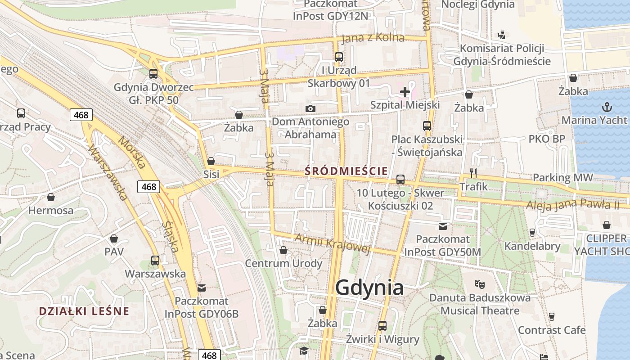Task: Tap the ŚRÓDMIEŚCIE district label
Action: (x=346, y=171)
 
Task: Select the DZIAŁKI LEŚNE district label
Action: (x=84, y=311)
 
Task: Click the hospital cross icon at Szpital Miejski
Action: (x=405, y=92)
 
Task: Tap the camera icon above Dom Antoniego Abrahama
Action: (x=310, y=108)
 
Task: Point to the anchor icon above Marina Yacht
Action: (x=607, y=107)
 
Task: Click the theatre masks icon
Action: (x=479, y=284)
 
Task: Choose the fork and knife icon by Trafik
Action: (x=473, y=173)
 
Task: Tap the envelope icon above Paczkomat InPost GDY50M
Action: (x=443, y=226)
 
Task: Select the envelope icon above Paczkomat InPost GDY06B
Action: (x=201, y=288)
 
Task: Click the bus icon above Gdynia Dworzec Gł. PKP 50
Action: (x=153, y=73)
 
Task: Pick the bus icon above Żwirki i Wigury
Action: (x=382, y=325)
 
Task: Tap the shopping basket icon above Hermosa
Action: (x=51, y=197)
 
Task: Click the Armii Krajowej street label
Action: (x=332, y=244)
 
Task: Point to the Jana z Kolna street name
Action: (x=373, y=38)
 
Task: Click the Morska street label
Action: (x=132, y=153)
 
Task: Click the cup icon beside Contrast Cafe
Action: (x=551, y=317)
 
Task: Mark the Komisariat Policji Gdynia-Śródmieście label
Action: (x=502, y=54)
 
